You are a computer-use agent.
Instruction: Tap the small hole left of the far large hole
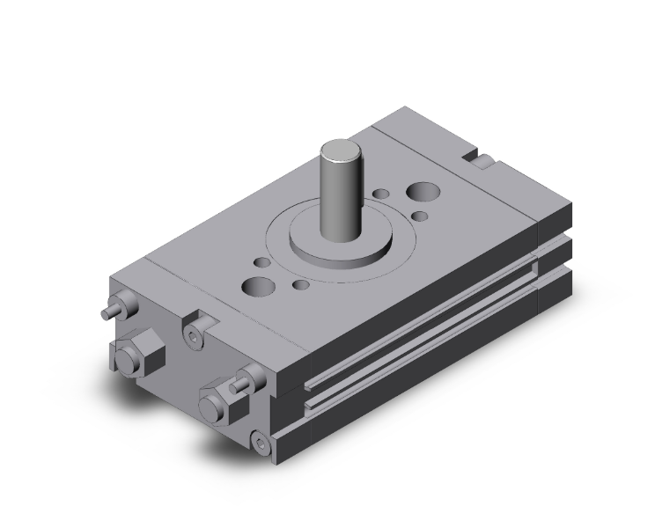tap(382, 194)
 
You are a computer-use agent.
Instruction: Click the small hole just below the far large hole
tap(420, 216)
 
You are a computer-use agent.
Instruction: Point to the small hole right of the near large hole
tap(301, 283)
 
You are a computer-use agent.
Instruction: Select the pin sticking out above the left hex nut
tap(113, 311)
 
